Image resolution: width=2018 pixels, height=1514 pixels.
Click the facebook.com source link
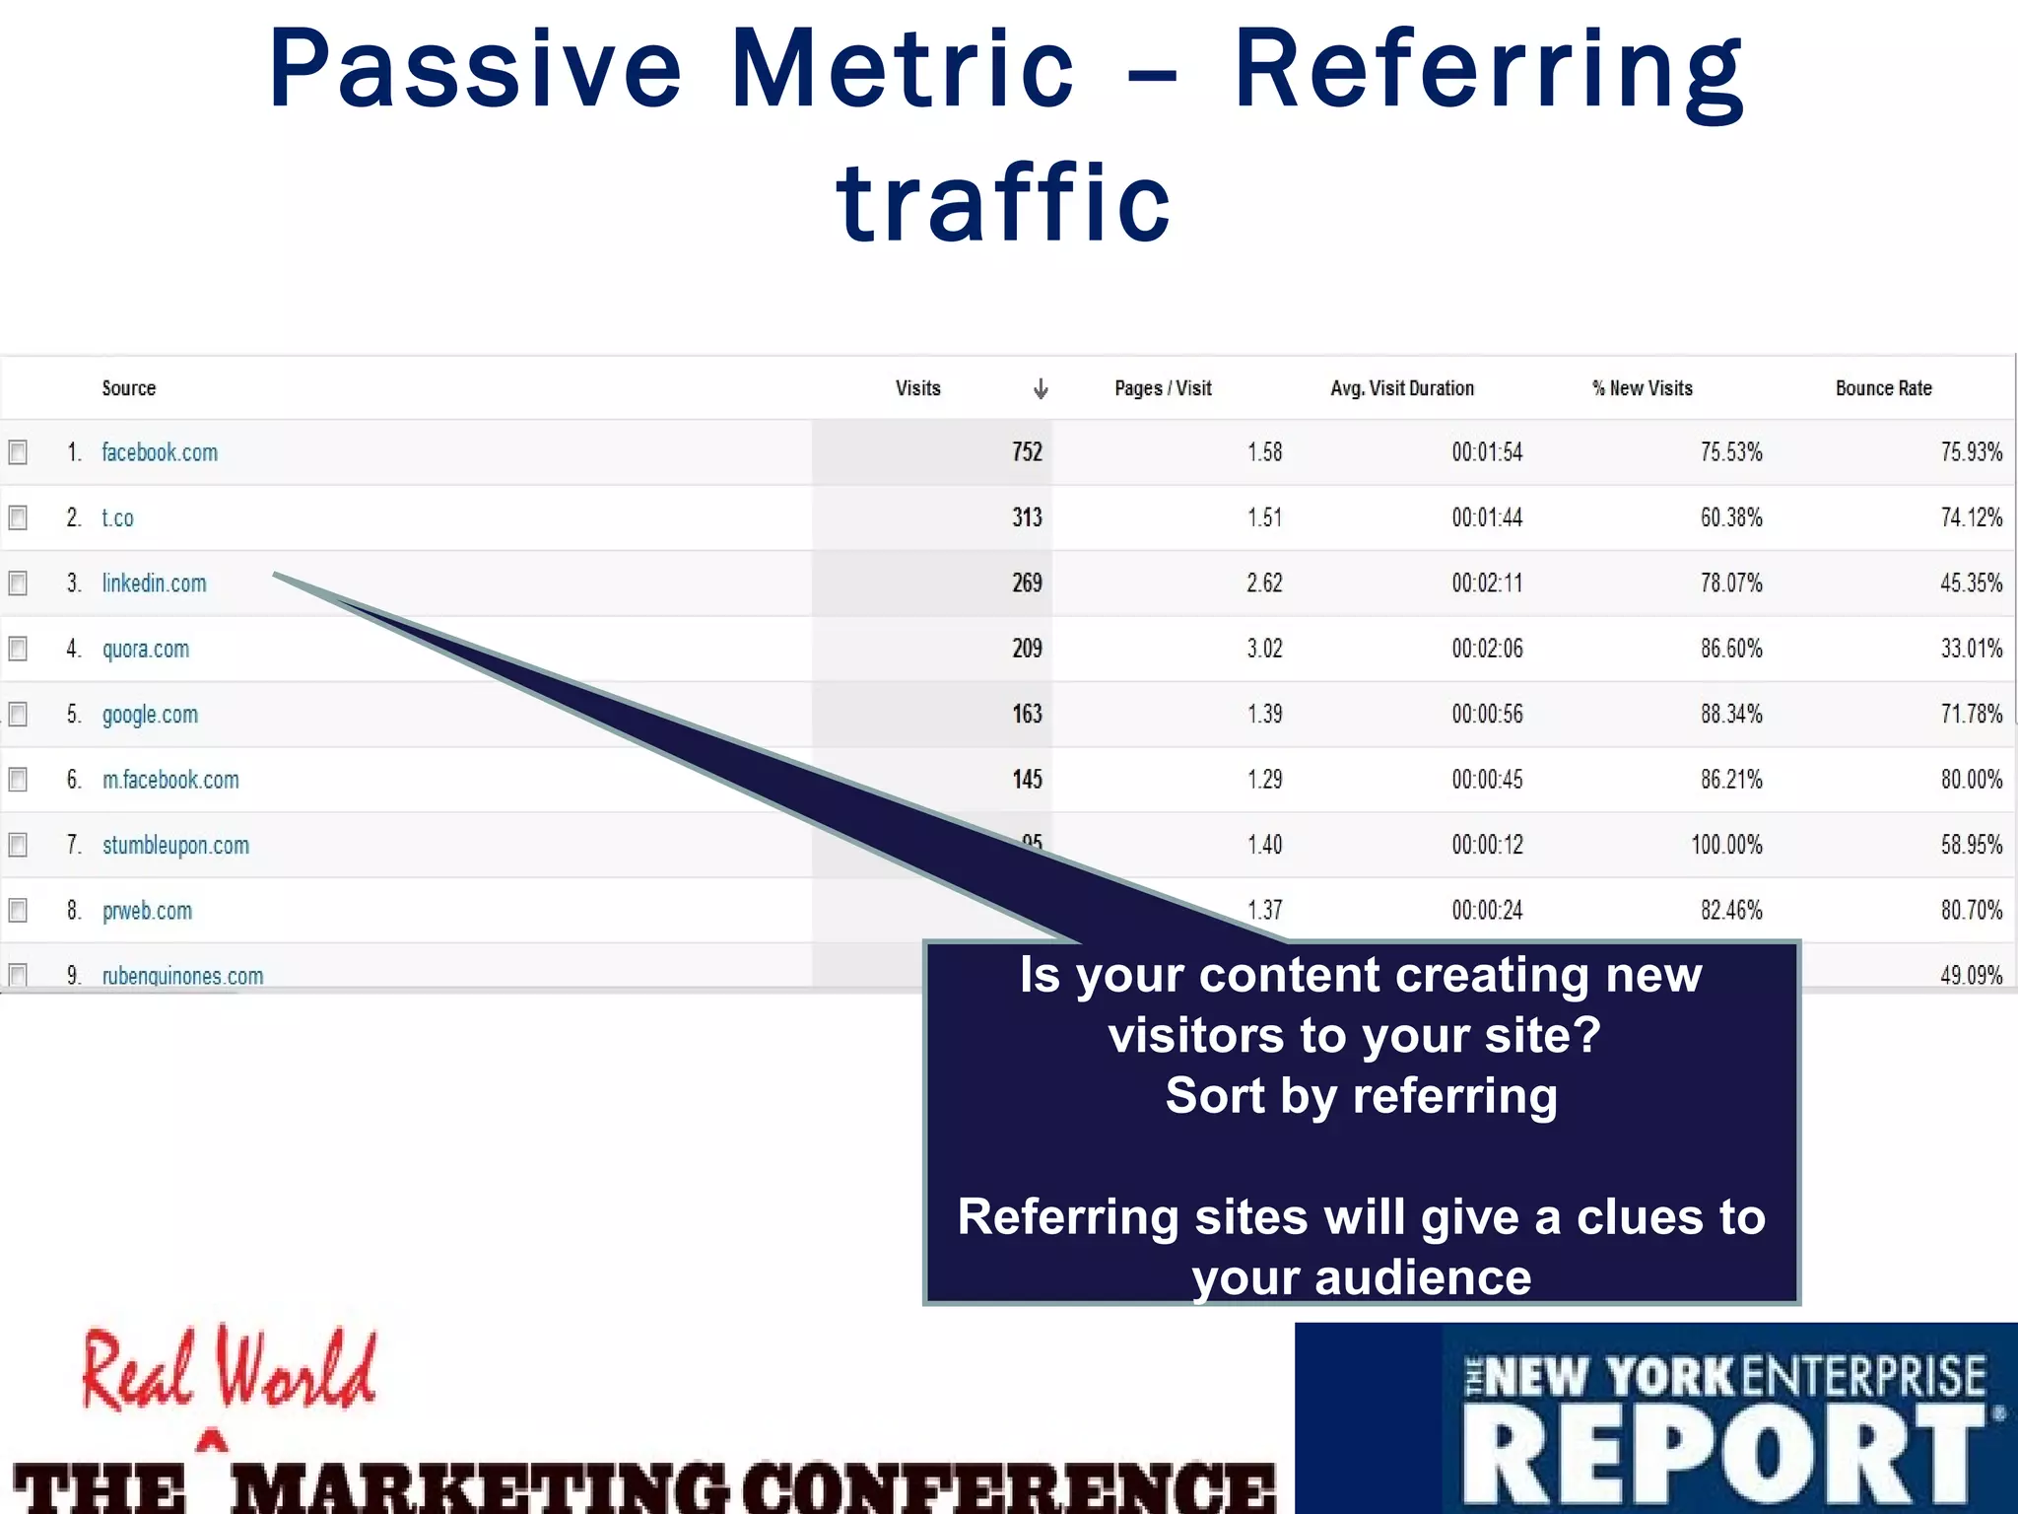(160, 452)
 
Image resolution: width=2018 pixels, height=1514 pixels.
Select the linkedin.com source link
(154, 584)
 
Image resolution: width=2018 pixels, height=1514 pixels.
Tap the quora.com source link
(146, 649)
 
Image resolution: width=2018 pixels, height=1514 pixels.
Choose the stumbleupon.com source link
(175, 846)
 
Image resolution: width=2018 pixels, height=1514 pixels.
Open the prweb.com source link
(147, 911)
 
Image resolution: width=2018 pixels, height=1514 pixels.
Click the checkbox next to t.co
(18, 517)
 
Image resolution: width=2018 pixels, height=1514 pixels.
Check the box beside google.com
(18, 714)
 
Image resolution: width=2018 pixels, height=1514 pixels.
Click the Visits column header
(917, 388)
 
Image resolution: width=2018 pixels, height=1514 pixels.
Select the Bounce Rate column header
(1883, 388)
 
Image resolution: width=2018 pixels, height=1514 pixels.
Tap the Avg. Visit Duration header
(1401, 388)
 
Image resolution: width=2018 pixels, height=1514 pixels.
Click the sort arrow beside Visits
(1040, 389)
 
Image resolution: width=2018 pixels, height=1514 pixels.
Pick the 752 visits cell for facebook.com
(1026, 452)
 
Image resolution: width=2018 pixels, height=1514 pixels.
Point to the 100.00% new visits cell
(1726, 845)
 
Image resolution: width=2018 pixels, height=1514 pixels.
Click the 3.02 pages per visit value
(1264, 649)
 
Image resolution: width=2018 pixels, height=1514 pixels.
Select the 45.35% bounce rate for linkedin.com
(1971, 584)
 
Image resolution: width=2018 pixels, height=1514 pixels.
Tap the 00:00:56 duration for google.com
(1486, 714)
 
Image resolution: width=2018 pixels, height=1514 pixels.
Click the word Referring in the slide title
(1488, 72)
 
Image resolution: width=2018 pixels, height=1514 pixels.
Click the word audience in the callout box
(1423, 1277)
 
